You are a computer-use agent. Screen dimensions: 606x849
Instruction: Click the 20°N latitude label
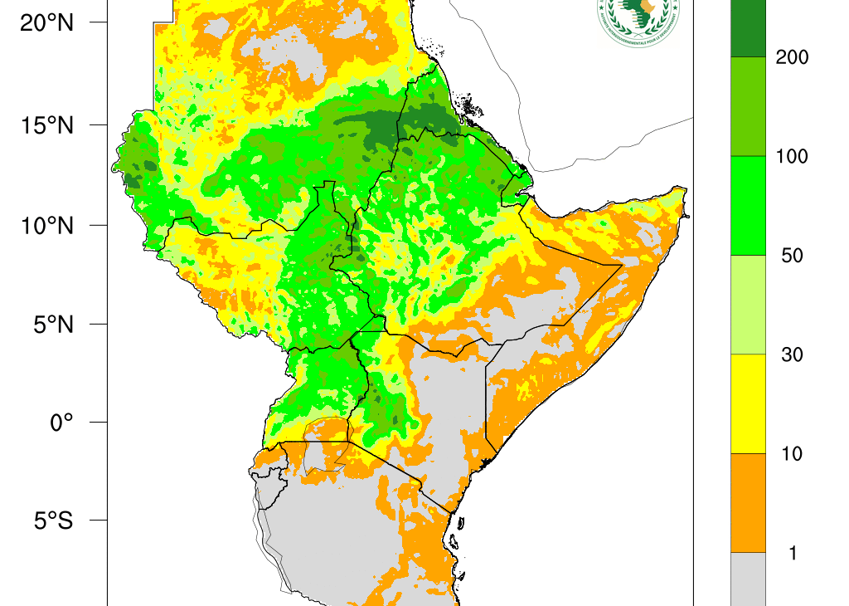[46, 23]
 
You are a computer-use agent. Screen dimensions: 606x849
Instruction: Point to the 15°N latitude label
[46, 125]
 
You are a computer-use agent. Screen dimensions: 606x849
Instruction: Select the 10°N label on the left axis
[46, 225]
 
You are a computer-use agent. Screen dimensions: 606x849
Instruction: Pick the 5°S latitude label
[51, 521]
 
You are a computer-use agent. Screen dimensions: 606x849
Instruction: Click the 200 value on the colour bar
[791, 57]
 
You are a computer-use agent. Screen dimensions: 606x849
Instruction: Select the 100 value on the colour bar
[791, 157]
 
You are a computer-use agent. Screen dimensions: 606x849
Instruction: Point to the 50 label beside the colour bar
[792, 256]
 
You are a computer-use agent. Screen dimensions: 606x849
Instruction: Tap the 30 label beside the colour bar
[792, 354]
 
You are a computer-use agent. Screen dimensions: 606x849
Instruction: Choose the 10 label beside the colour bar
[792, 454]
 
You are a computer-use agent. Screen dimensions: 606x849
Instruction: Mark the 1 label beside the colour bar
[793, 553]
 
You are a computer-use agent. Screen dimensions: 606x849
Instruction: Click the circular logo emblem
[637, 18]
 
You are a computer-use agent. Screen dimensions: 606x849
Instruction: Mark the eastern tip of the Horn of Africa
[685, 191]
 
